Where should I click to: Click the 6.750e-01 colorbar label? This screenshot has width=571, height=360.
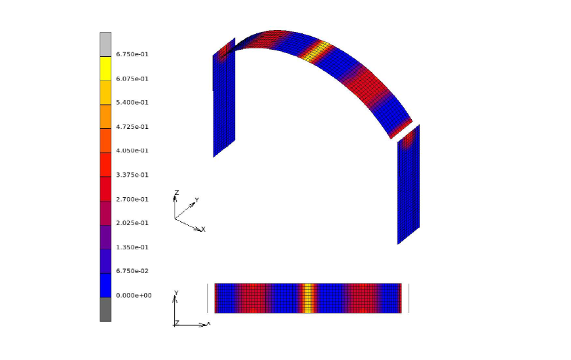click(132, 54)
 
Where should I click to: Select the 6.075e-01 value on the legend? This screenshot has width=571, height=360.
click(132, 79)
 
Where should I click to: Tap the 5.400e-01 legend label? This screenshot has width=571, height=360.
click(132, 102)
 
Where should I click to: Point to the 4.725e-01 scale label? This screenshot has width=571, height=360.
click(132, 127)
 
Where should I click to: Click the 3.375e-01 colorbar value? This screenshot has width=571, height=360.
click(132, 175)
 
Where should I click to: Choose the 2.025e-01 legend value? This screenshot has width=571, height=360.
click(132, 223)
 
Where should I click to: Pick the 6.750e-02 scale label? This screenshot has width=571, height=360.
click(132, 271)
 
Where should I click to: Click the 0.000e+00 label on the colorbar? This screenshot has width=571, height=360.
click(134, 295)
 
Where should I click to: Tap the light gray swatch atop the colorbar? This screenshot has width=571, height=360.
click(105, 45)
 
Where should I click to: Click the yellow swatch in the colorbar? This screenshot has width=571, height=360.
click(105, 69)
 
